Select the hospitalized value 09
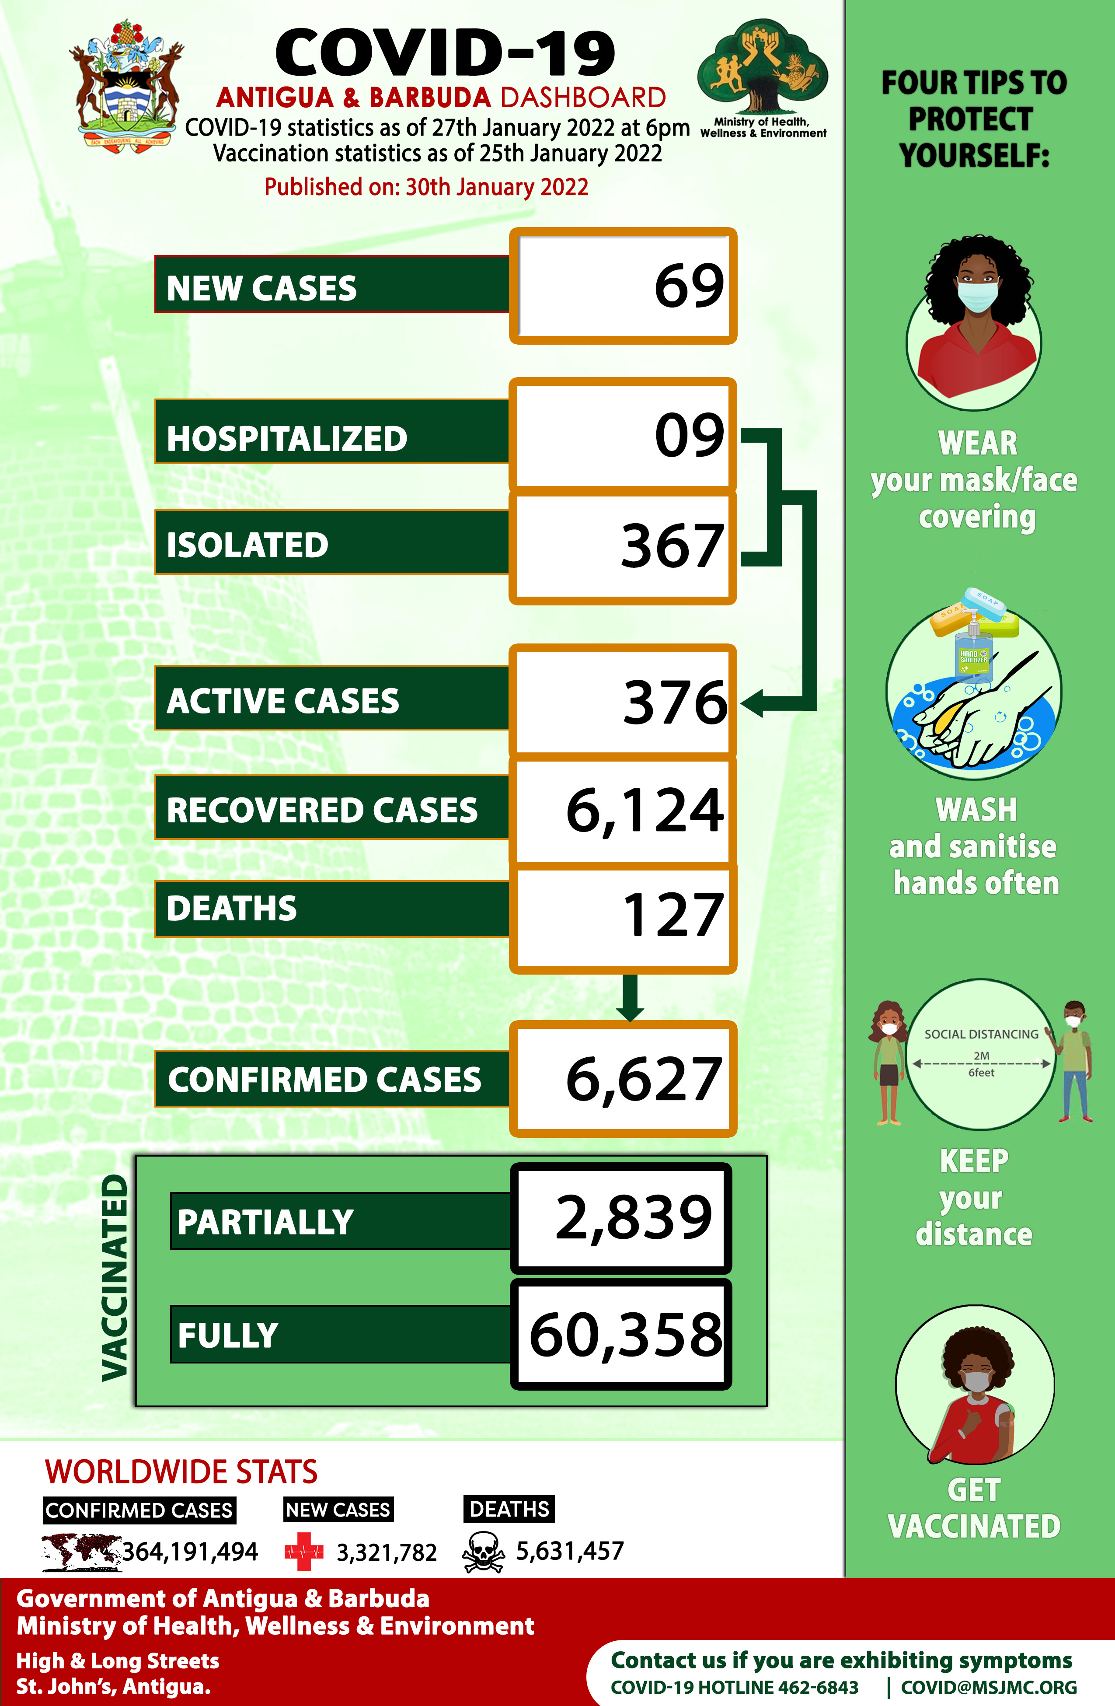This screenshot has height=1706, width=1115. [690, 435]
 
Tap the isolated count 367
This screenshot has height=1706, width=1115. [672, 546]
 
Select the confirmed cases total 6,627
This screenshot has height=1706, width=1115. [644, 1080]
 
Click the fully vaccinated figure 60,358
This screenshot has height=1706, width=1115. [626, 1335]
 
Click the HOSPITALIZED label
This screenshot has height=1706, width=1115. [287, 439]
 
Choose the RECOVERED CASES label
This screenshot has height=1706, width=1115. [322, 811]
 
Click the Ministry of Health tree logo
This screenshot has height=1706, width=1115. [762, 68]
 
